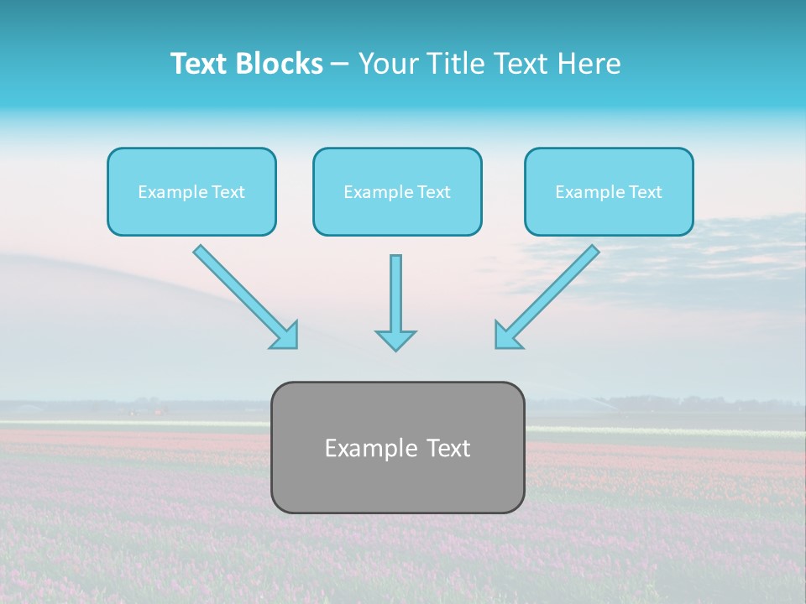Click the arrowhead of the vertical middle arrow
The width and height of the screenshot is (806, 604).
pos(395,339)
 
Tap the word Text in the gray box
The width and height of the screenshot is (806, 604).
pos(448,448)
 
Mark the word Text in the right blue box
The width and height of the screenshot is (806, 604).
pos(646,192)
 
